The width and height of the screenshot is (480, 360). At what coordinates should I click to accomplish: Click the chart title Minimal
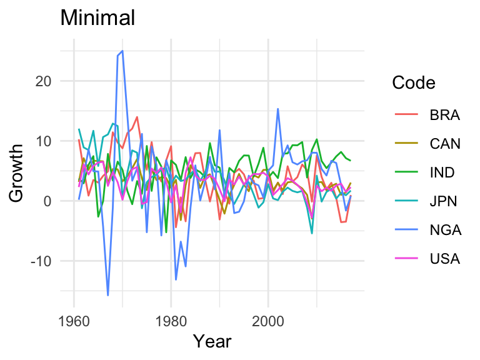click(x=97, y=18)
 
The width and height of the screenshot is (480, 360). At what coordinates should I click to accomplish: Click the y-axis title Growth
click(x=17, y=172)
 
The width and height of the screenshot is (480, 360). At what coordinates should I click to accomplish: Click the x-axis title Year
click(x=212, y=341)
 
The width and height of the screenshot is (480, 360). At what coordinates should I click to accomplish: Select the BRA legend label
click(x=444, y=115)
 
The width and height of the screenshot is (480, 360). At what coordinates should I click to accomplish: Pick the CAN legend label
click(x=445, y=144)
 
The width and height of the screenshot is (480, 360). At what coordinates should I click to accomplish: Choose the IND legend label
click(x=442, y=172)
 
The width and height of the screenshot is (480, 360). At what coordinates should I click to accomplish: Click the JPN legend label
click(x=444, y=201)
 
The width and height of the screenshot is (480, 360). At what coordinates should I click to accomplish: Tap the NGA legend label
click(x=445, y=230)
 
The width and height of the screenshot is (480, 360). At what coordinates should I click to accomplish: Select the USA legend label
click(x=444, y=259)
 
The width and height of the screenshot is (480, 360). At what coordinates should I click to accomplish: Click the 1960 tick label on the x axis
click(x=74, y=321)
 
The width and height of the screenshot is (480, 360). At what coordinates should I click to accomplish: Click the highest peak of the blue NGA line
click(x=122, y=51)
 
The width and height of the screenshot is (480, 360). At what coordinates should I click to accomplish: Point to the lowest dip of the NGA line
click(x=108, y=295)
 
